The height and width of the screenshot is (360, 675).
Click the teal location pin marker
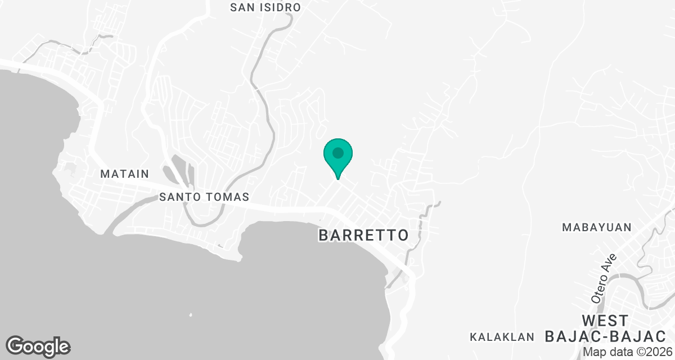click(337, 156)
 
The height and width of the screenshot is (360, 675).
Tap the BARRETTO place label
click(363, 235)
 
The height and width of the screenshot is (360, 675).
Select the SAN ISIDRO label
click(266, 7)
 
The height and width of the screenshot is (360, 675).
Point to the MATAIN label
click(124, 174)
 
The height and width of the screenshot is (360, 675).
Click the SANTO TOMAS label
click(204, 197)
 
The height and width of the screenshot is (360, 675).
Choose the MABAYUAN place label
click(597, 227)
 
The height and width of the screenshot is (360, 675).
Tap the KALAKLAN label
click(502, 337)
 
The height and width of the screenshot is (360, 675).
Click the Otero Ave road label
click(604, 279)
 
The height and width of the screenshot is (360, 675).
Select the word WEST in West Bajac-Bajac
click(605, 321)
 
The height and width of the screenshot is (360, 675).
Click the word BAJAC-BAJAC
click(605, 337)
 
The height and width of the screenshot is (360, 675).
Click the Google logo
click(38, 346)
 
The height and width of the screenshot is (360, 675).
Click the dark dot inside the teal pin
click(337, 152)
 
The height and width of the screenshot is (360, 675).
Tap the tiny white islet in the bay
click(191, 314)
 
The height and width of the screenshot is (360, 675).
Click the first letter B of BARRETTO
click(323, 235)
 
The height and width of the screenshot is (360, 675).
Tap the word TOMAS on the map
click(231, 197)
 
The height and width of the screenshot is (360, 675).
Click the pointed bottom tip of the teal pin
click(337, 178)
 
